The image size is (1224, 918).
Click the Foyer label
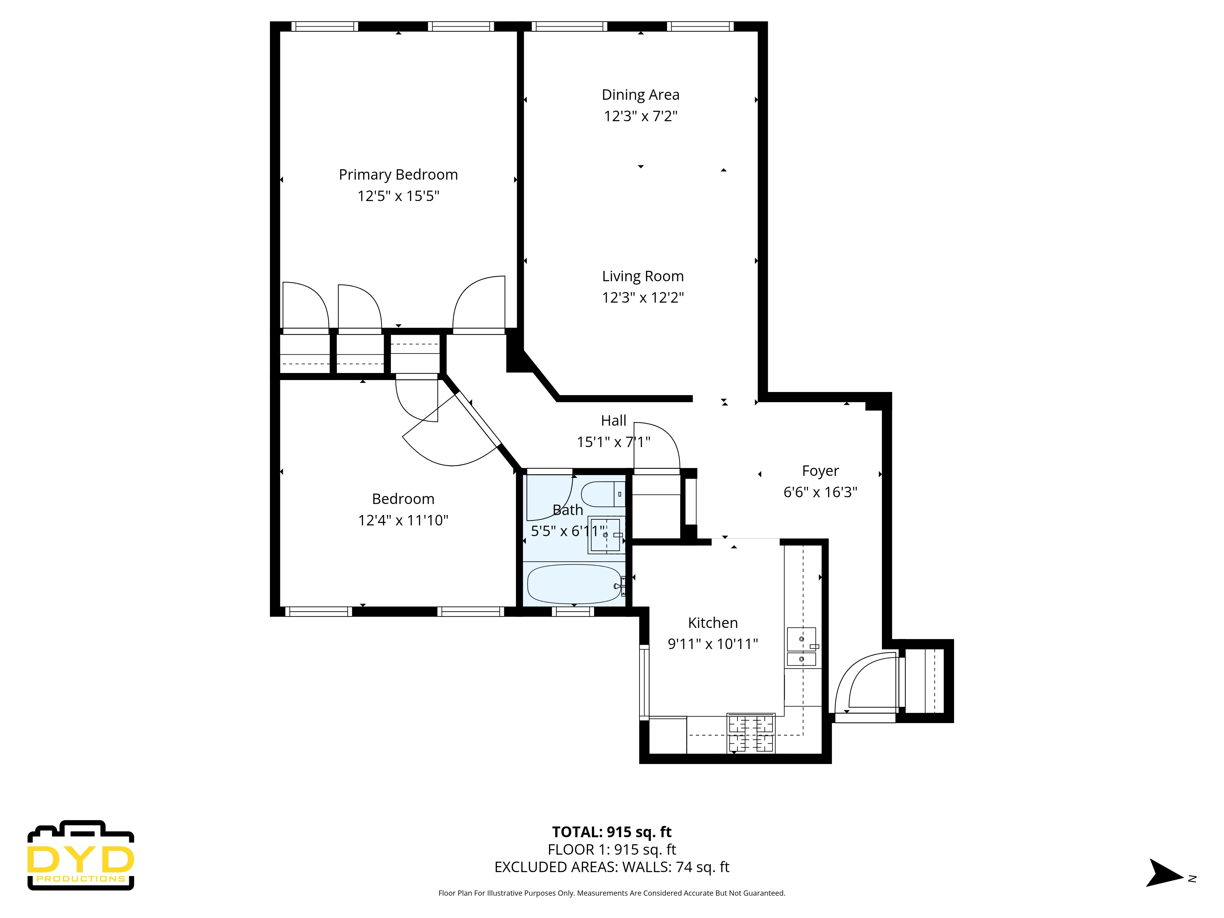click(x=820, y=471)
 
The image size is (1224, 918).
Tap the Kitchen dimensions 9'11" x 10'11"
click(x=713, y=644)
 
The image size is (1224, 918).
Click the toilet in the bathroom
click(x=602, y=494)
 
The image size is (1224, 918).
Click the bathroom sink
click(x=605, y=535)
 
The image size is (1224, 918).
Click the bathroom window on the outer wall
click(x=573, y=611)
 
